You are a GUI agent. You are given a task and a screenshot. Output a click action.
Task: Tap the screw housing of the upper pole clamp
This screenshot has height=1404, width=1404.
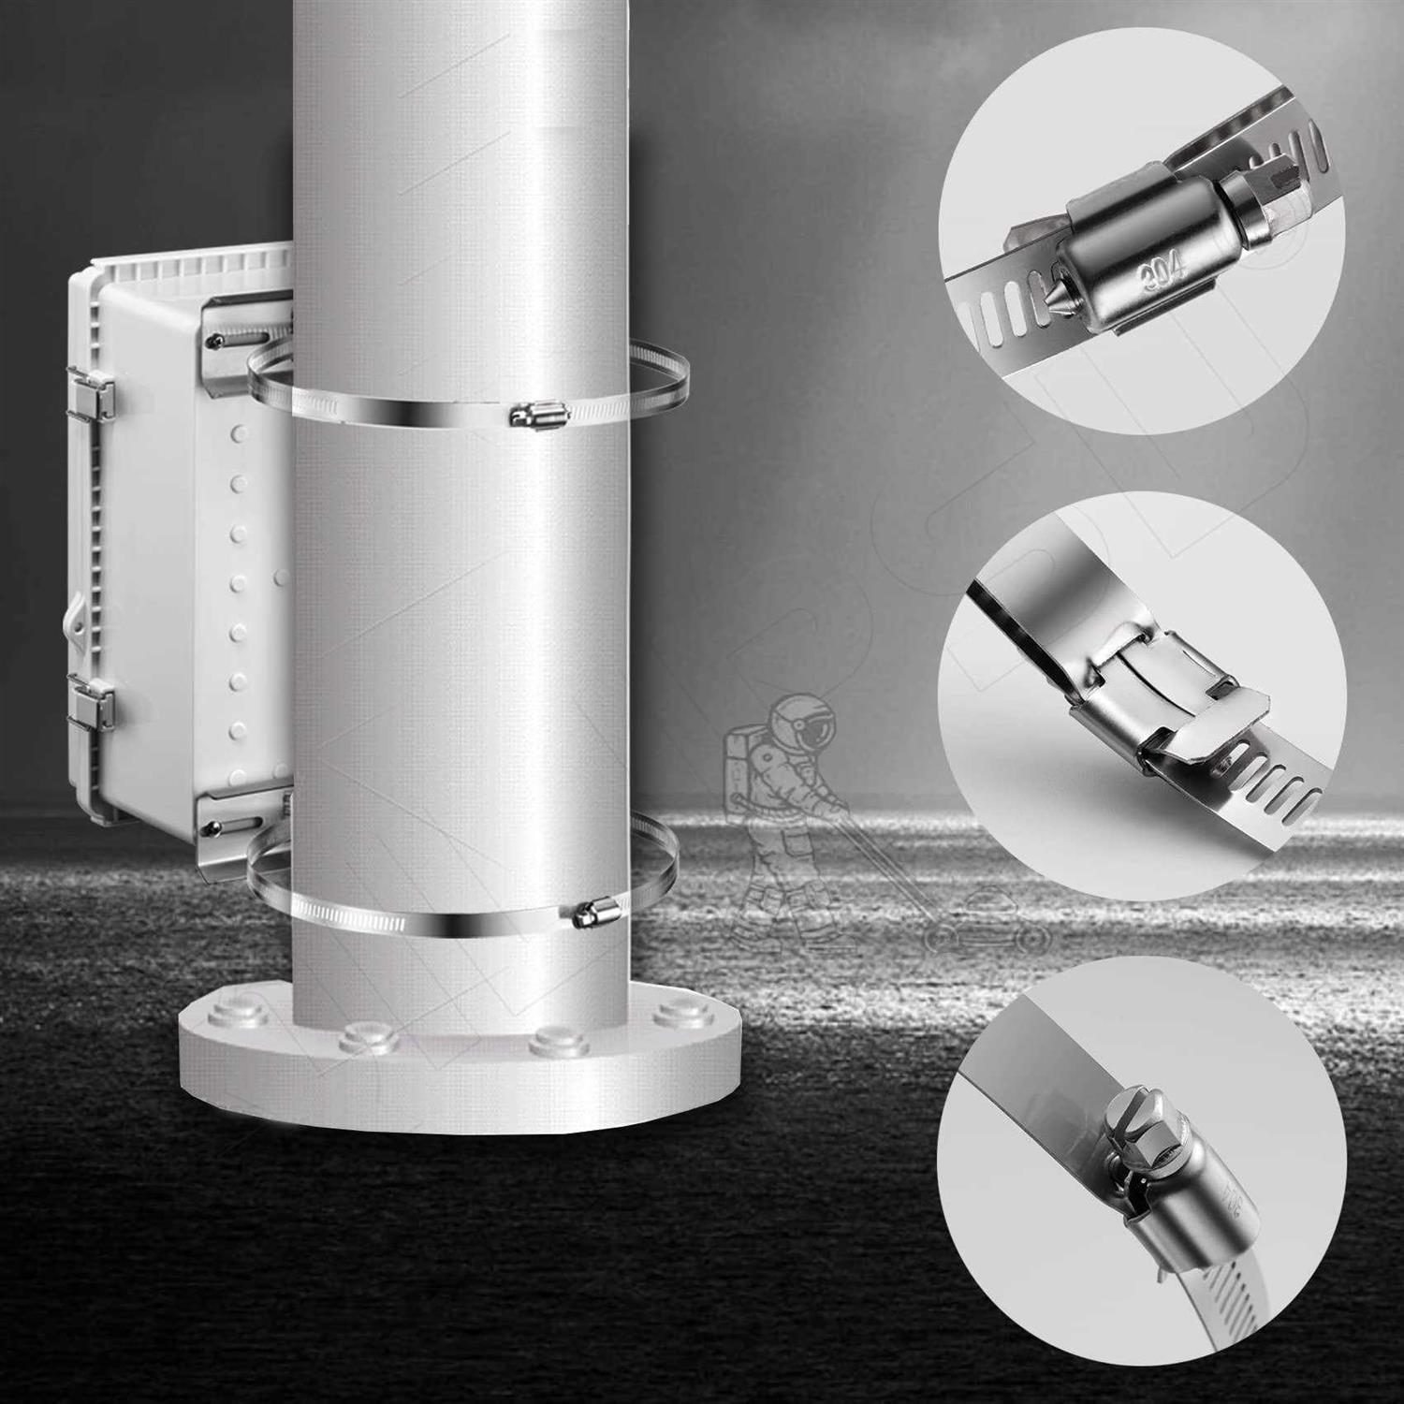pos(536,414)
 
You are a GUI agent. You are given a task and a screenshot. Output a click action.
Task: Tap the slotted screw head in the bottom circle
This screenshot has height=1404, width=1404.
pos(1124,1122)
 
